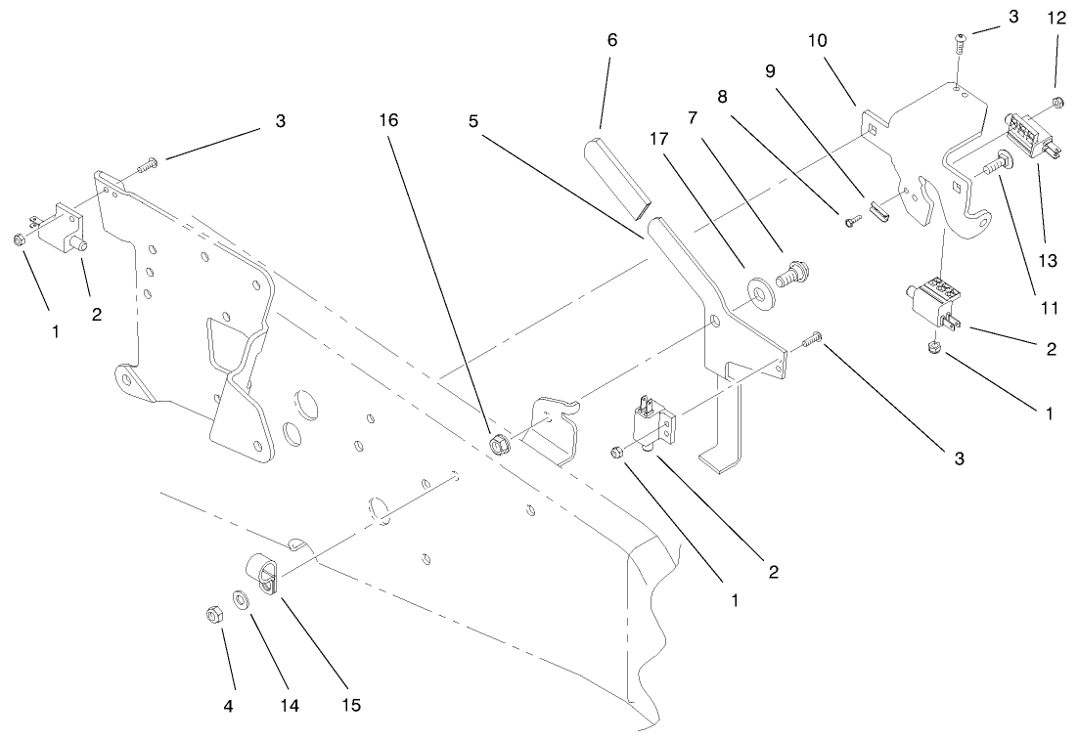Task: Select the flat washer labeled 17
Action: [757, 289]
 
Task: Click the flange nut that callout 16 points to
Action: [497, 445]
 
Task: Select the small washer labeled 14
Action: [239, 598]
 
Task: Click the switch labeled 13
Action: [1027, 136]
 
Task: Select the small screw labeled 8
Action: [851, 222]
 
